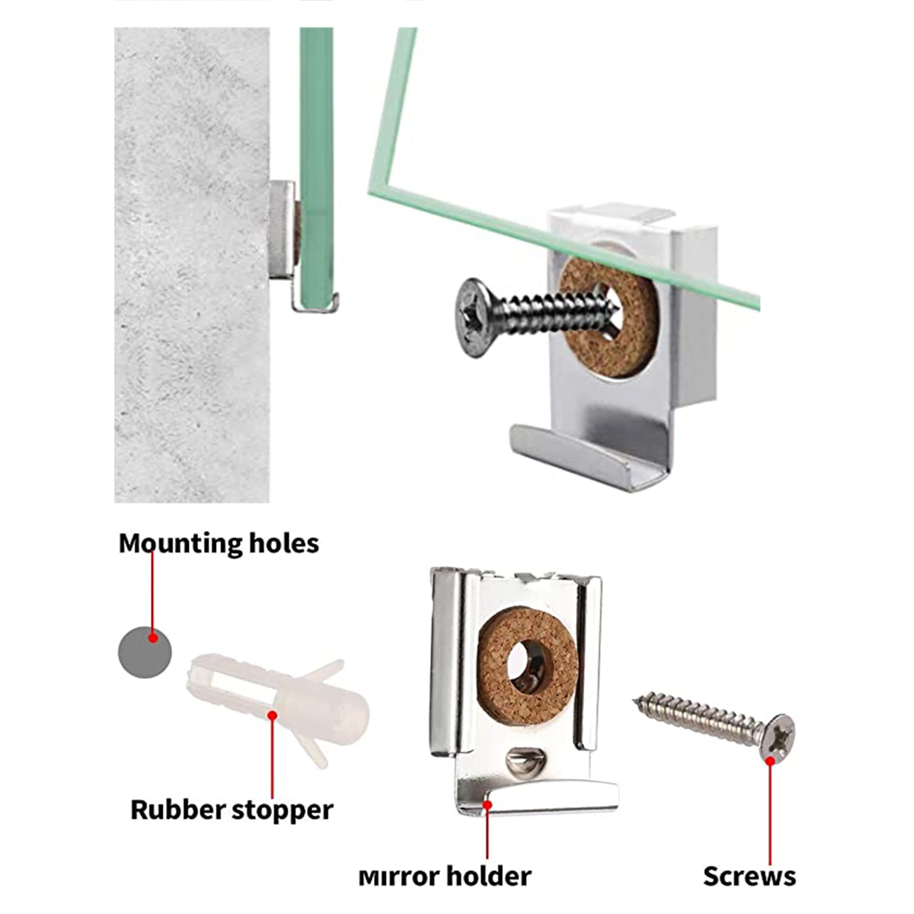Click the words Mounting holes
(218, 543)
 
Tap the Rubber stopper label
(232, 809)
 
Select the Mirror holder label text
(445, 876)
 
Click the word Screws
(749, 876)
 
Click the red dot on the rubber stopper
(272, 715)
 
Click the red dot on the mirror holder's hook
(487, 804)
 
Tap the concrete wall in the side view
(191, 265)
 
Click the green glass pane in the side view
(316, 165)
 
